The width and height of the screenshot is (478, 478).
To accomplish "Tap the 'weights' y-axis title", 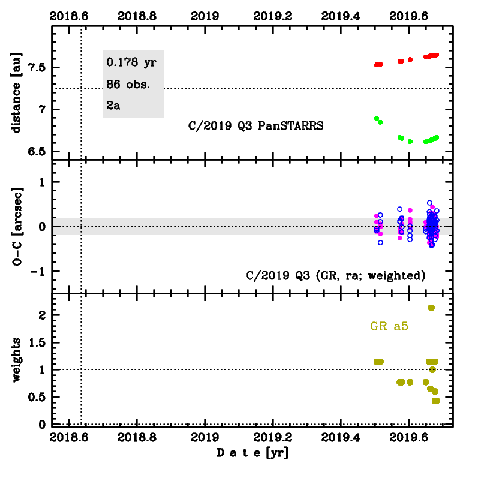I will (17, 360).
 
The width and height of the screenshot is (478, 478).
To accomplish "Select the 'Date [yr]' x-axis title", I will (252, 453).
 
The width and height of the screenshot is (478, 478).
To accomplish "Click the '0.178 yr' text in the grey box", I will (131, 62).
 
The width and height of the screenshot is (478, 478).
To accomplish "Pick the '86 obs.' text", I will (128, 84).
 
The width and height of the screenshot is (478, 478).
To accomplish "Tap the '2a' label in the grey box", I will (114, 106).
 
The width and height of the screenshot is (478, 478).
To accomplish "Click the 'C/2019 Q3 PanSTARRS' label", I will (255, 126).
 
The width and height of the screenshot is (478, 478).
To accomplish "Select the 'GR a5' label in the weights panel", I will (392, 327).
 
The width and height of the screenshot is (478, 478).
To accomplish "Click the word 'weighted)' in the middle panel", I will (398, 276).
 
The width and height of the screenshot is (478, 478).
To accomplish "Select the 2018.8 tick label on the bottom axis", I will (137, 438).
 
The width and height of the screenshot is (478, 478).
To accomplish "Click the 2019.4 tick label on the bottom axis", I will (341, 438).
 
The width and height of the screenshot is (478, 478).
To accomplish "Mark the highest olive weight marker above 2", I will (431, 308).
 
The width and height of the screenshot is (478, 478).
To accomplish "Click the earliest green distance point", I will (377, 118).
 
